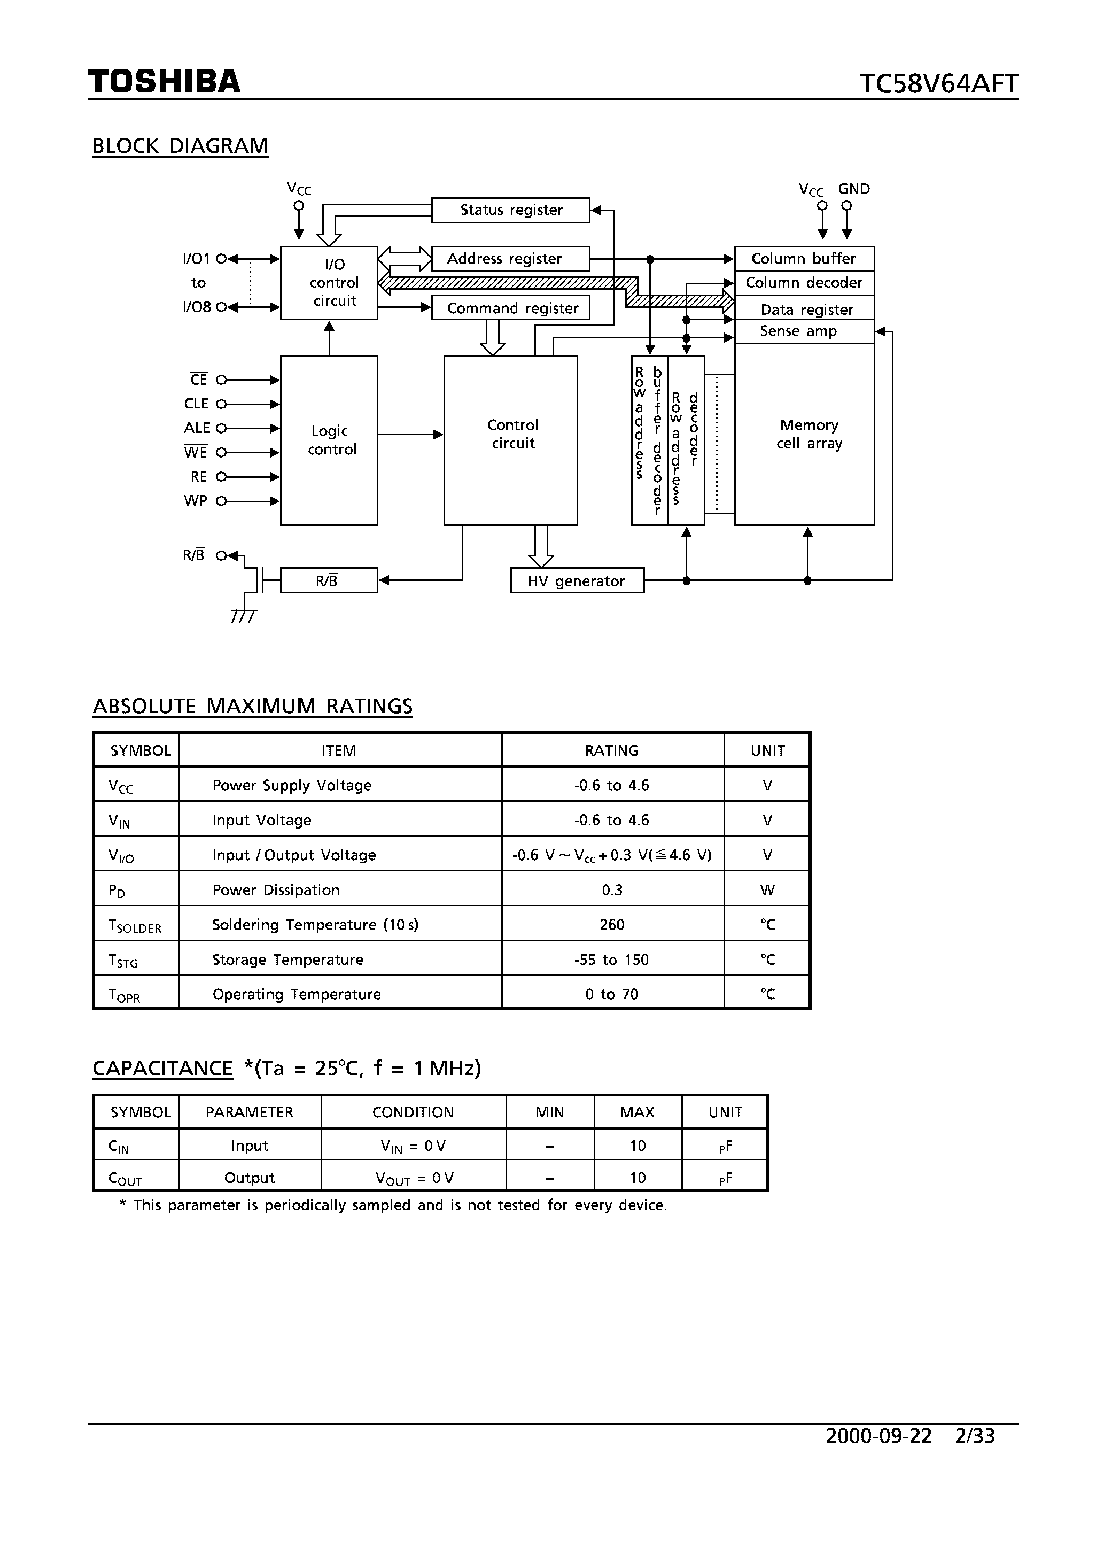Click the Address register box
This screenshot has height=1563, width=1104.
click(510, 259)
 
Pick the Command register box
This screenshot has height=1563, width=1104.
click(510, 308)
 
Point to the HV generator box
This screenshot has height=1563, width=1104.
click(577, 581)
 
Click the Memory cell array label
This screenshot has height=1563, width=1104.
click(808, 435)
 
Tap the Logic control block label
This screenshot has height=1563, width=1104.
click(331, 440)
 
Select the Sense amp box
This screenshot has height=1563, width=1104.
click(803, 331)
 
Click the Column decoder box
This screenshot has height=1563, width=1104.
click(803, 283)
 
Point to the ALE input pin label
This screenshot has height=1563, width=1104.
click(197, 428)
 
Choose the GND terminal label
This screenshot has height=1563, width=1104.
click(853, 189)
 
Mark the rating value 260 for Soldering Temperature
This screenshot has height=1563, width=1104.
click(611, 924)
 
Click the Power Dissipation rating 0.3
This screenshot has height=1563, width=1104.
click(611, 889)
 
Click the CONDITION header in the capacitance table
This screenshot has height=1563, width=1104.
click(413, 1112)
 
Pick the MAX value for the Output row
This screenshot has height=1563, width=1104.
click(637, 1178)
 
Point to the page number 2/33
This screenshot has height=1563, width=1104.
click(975, 1436)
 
